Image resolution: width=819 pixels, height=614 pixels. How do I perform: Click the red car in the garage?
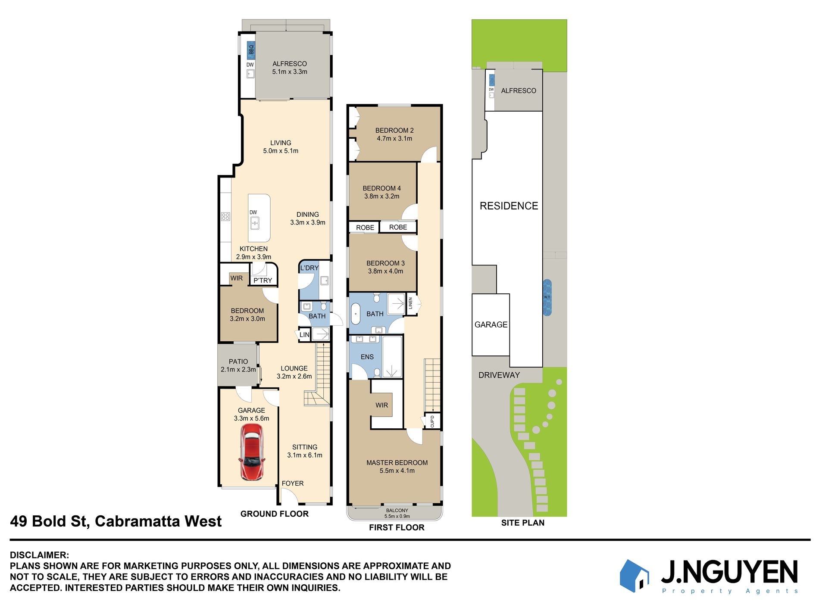point(252,452)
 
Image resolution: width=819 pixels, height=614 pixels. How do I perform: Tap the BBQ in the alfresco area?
point(251,50)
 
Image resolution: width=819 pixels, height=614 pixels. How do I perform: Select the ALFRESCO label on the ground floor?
point(290,64)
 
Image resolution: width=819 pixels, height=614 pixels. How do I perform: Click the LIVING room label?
point(281,143)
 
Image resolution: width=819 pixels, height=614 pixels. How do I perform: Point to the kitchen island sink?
point(255,223)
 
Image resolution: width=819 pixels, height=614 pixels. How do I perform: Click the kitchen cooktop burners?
point(225,216)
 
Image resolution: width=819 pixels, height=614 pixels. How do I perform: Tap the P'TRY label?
point(263,281)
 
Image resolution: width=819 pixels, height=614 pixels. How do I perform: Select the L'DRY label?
point(309,268)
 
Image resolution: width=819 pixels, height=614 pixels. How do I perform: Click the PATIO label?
point(238,362)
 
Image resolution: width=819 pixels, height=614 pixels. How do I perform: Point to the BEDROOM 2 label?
point(394,130)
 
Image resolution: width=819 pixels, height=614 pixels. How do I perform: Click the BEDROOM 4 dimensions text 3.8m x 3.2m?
point(382,196)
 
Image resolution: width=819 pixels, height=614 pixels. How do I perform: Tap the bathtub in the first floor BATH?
point(356,314)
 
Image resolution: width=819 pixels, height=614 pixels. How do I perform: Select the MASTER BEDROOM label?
point(397,463)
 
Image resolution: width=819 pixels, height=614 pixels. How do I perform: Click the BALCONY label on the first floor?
point(397,511)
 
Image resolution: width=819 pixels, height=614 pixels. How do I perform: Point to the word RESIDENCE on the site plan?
point(509,206)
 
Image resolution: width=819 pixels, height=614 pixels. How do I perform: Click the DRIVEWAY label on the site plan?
point(499,375)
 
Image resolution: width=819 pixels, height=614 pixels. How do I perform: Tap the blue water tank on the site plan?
point(547,297)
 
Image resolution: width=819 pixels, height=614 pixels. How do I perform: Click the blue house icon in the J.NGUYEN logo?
point(635,576)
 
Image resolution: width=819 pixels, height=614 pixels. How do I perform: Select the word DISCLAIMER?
point(39,555)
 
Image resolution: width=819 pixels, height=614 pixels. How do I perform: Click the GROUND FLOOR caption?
point(275,514)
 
